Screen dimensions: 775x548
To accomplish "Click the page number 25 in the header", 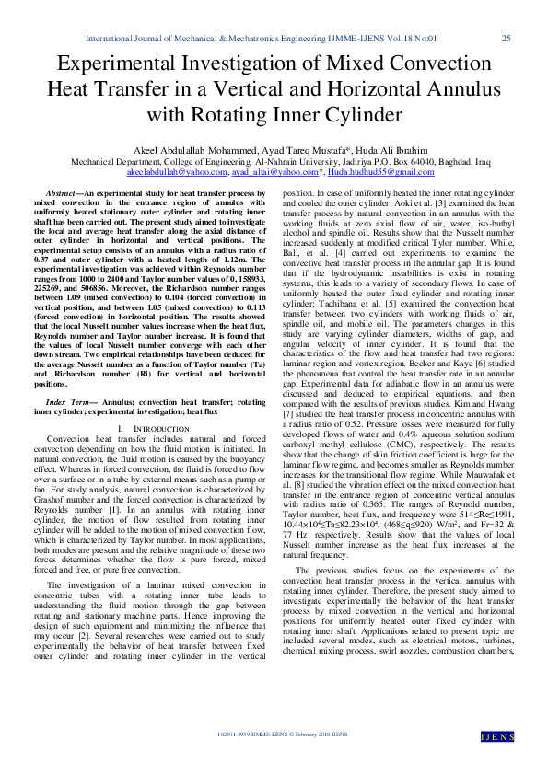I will [506, 39].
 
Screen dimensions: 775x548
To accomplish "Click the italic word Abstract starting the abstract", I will [61, 194].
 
